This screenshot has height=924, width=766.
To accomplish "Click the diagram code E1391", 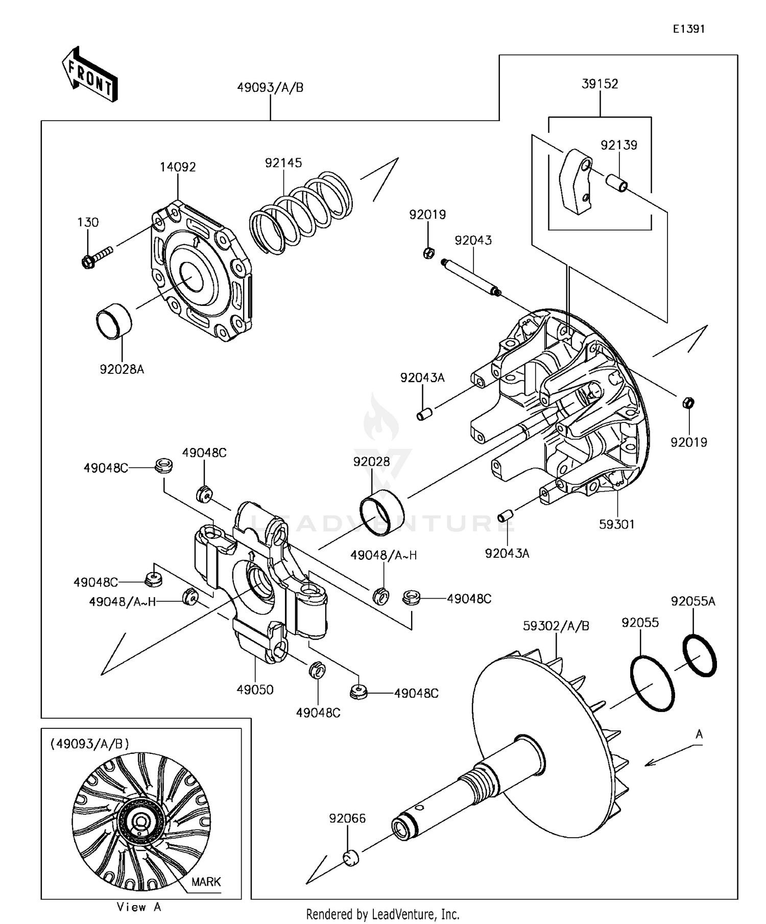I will [688, 29].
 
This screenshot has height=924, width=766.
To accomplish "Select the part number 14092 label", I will [178, 167].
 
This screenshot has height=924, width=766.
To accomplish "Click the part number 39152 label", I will [600, 84].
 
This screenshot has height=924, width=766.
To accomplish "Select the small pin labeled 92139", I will [617, 182].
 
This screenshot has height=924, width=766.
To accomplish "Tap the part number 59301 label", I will [616, 524].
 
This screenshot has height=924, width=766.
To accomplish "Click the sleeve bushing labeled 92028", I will [381, 511].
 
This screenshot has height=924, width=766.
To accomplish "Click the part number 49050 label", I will [255, 690].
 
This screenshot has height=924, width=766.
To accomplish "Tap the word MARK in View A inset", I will [206, 882].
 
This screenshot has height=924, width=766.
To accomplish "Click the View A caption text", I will [139, 907].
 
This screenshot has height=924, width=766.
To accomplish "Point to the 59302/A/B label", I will [556, 626].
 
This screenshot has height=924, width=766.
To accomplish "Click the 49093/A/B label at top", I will [270, 87].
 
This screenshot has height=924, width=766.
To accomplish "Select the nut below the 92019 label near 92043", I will [429, 252].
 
